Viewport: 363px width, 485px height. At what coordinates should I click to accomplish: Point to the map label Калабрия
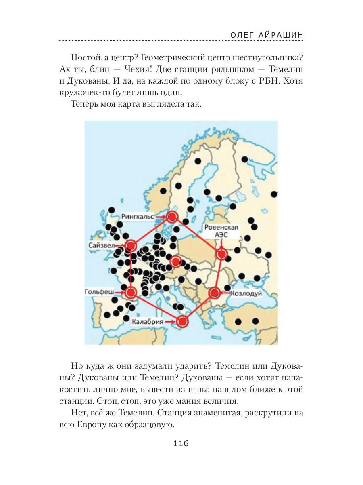pyautogui.click(x=147, y=322)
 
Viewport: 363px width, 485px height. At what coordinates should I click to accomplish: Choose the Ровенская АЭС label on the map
pyautogui.click(x=221, y=231)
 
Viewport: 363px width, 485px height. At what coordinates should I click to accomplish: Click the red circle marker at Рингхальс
pyautogui.click(x=172, y=217)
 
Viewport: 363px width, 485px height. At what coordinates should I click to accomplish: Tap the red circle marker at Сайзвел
pyautogui.click(x=131, y=246)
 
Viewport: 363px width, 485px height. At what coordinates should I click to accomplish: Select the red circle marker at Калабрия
pyautogui.click(x=182, y=321)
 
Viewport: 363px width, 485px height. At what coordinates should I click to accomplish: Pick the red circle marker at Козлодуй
pyautogui.click(x=214, y=292)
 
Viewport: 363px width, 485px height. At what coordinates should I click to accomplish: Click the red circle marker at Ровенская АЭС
pyautogui.click(x=221, y=254)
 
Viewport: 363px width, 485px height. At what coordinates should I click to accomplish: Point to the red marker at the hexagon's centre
pyautogui.click(x=176, y=261)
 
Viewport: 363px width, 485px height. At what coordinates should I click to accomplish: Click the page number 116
pyautogui.click(x=181, y=443)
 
